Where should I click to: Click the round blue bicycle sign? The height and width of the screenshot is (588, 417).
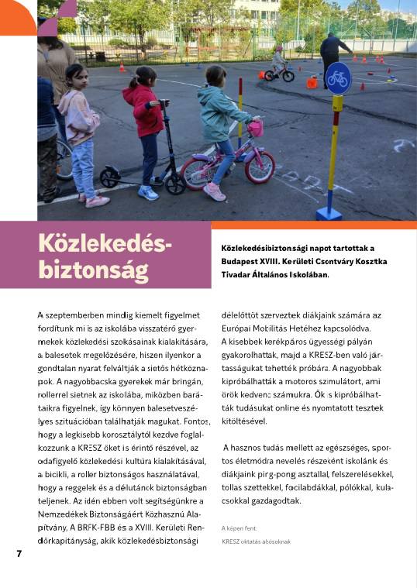[x=338, y=78]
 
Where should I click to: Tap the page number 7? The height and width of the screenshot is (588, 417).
[x=19, y=553]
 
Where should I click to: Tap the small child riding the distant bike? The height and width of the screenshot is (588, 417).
[x=278, y=60]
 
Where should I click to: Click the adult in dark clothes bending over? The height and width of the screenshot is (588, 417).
[x=334, y=53]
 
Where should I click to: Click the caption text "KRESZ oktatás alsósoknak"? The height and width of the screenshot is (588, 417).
[x=256, y=542]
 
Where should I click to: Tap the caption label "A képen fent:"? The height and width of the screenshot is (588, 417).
[x=239, y=528]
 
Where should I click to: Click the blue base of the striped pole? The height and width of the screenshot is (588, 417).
[x=329, y=213]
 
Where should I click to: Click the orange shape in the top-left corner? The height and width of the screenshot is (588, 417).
[x=16, y=17]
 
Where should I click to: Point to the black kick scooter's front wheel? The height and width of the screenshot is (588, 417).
[x=176, y=184]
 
